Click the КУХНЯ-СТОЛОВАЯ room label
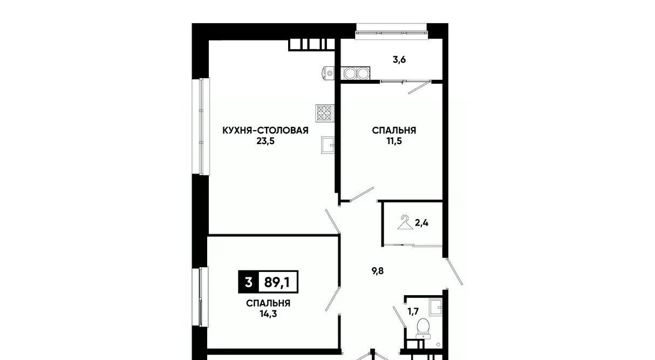point(265,131)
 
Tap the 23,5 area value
point(265,141)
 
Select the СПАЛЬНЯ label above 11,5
point(394,131)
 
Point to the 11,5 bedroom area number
point(394,141)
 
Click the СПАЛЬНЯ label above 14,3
point(268,303)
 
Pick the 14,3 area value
point(268,314)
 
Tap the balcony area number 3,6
point(399,60)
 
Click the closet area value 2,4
point(422,223)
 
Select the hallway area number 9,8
point(378,271)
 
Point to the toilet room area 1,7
point(413,312)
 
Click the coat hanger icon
point(405,222)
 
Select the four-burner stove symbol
point(325,113)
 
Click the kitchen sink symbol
point(328,145)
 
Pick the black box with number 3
point(249,282)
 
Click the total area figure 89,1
point(277,282)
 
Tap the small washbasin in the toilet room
point(435,307)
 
